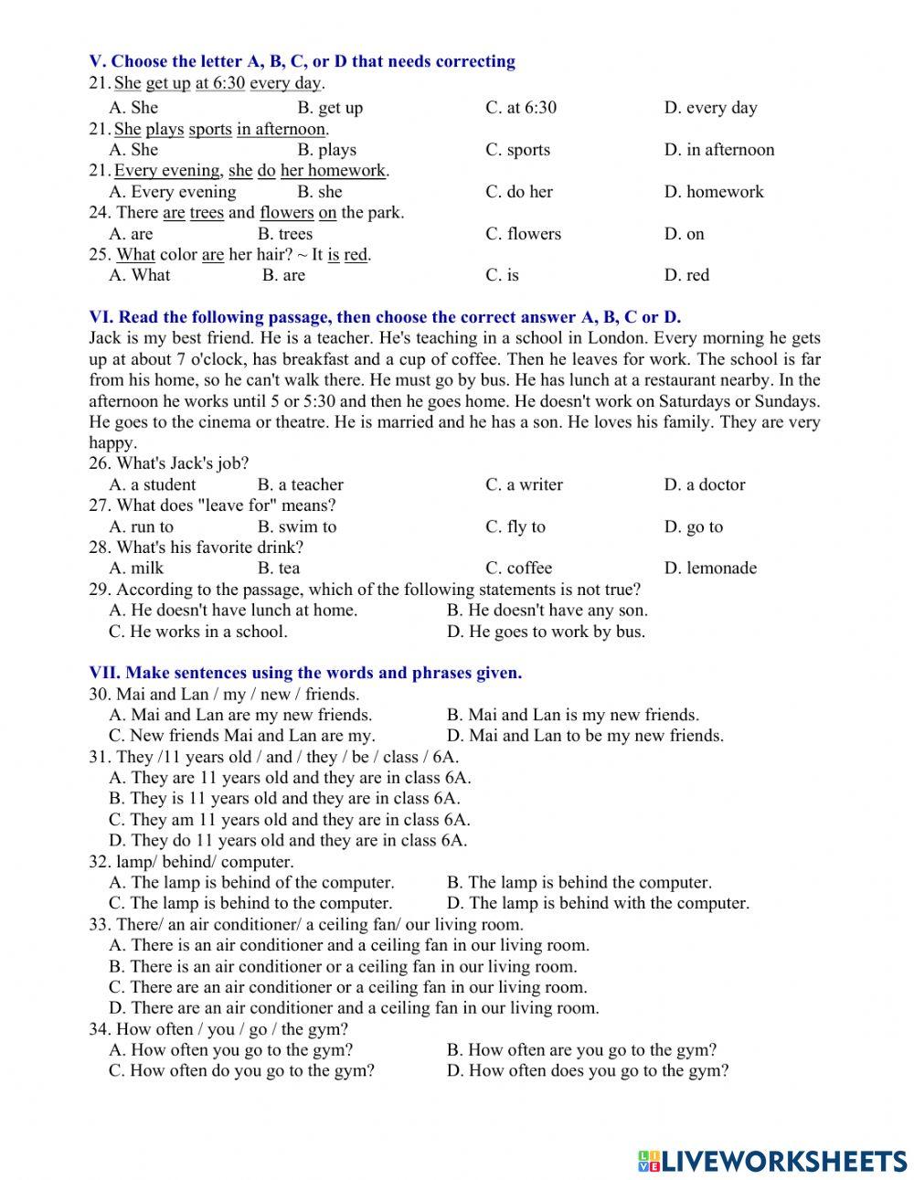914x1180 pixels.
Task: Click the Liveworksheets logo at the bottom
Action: [772, 1160]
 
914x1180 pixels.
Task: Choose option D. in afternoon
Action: [718, 150]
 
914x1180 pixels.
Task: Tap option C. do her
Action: [518, 192]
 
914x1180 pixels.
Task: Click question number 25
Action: [100, 255]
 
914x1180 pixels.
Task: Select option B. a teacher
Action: [300, 484]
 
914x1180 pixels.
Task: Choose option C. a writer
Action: [524, 484]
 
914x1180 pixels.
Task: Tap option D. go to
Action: [693, 526]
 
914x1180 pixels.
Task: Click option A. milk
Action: [136, 568]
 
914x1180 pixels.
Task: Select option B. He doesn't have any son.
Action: [547, 610]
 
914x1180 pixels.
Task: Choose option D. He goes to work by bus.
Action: [546, 631]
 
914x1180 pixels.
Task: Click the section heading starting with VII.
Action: [305, 673]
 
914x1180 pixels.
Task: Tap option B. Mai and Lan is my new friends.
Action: [572, 715]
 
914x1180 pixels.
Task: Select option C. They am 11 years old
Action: [289, 820]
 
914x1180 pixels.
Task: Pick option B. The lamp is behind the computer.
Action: [579, 882]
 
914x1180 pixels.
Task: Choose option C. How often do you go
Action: [241, 1070]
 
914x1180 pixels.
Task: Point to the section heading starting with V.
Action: [302, 61]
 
